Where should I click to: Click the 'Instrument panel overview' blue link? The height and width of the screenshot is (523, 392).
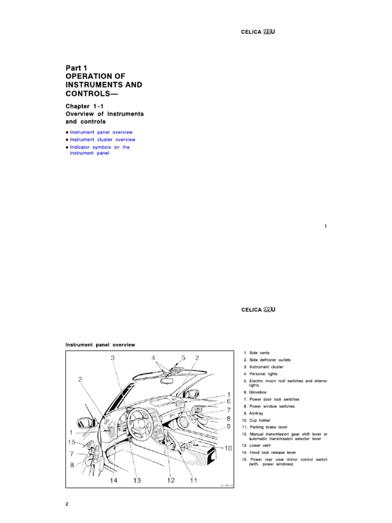tap(101, 132)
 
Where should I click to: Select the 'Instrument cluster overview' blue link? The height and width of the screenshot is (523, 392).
tap(103, 139)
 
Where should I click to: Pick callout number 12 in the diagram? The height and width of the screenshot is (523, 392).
tap(170, 480)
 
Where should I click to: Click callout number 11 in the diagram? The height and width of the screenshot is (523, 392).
tap(194, 480)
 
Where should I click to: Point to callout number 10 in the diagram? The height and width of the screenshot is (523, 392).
tap(228, 448)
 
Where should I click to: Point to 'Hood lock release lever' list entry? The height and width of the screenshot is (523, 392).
tap(269, 453)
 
